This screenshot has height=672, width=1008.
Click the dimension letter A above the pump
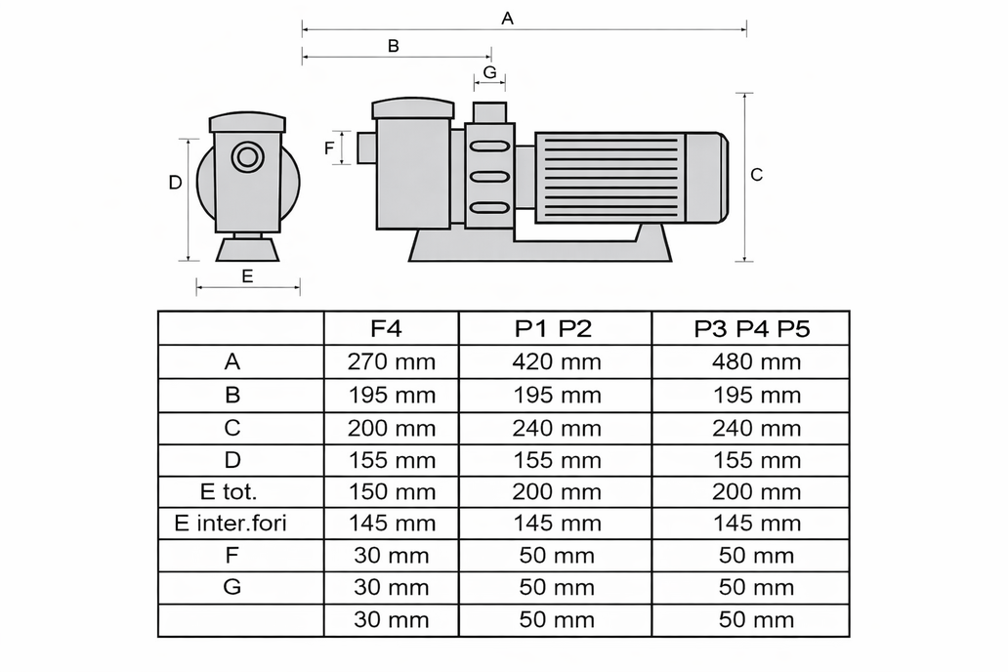pos(507,18)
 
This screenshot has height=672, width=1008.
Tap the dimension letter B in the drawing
pos(394,46)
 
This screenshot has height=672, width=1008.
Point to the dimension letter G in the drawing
pos(490,71)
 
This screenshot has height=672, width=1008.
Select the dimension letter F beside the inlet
pos(329,148)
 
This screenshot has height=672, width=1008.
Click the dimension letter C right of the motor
pos(757,174)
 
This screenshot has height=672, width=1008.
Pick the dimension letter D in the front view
pos(175,183)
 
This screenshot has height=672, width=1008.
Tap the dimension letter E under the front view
pos(247,275)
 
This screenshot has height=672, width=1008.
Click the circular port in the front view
pos(247,157)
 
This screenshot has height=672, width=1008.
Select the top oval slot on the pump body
pos(490,147)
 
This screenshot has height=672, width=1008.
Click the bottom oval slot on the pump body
pos(490,208)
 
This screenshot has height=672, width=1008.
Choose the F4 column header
pos(387,328)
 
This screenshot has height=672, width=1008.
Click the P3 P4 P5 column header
pos(751,328)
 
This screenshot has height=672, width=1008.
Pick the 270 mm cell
pos(392,361)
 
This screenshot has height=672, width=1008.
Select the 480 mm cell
pos(757,361)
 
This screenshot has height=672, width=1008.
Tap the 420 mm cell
pos(557,361)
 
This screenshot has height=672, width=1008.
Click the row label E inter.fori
pos(231,523)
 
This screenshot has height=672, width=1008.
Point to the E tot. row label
pos(229,491)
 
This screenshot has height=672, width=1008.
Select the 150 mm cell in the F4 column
pos(392,491)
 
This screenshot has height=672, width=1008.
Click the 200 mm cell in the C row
pos(392,428)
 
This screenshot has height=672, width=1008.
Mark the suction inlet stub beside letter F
pos(366,147)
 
